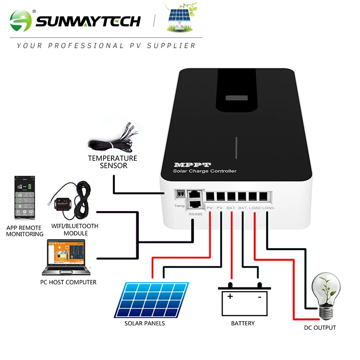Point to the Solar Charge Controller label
coord(204,171)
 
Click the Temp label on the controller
coord(179,205)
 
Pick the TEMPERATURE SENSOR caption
coord(112,162)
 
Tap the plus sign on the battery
coord(230,296)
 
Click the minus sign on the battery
coord(259,296)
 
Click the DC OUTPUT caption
coord(320,328)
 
